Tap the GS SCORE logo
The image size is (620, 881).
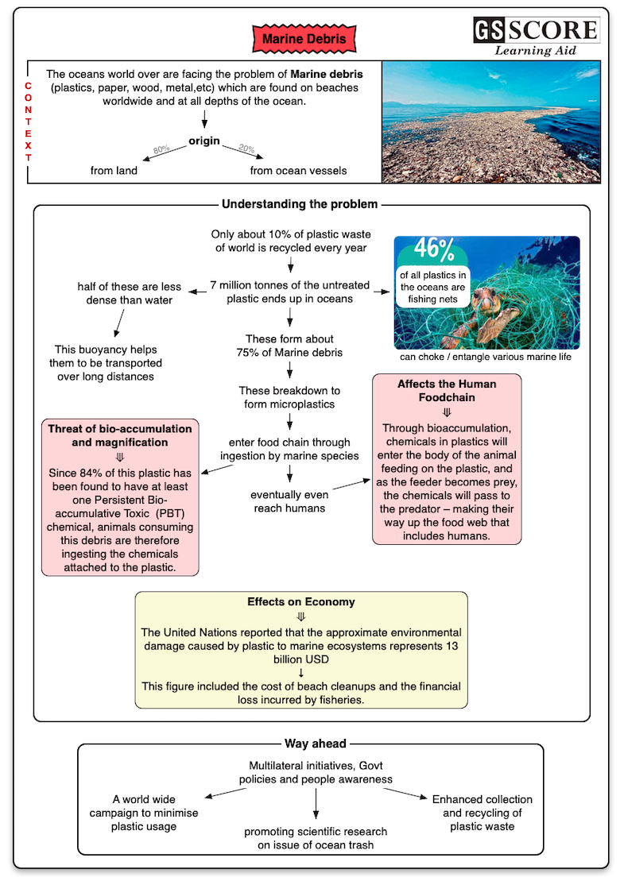pos(536,30)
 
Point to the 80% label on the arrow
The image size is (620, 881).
pos(161,149)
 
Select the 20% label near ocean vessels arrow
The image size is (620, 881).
pos(246,149)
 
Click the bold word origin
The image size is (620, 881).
pos(204,141)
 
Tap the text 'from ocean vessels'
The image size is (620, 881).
pos(298,170)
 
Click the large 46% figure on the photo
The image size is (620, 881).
pos(433,249)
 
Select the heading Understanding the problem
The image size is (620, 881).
pos(300,204)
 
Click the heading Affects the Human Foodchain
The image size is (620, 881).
pos(447,390)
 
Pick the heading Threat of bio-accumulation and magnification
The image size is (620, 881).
pos(120,435)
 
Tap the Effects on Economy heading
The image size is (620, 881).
pos(300,602)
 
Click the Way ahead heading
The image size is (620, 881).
pos(316,744)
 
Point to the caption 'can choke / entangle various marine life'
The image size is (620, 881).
pos(486,357)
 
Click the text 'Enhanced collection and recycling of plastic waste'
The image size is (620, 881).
pos(482,813)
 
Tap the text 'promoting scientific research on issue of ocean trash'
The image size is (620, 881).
pos(316,838)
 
